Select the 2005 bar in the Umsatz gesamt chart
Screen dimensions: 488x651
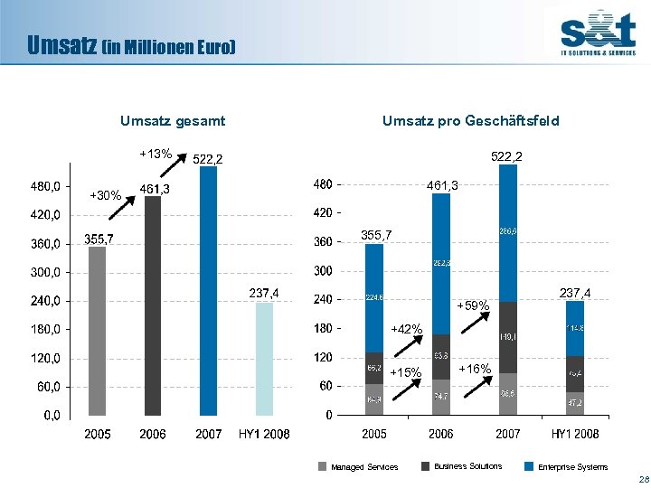[97, 331]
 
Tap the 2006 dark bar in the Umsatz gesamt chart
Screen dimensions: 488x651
[153, 305]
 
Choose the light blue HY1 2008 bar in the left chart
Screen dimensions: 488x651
[263, 358]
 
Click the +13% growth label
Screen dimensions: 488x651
[155, 154]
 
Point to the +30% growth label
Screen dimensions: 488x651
[105, 195]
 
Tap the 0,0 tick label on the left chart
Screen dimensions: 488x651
[51, 416]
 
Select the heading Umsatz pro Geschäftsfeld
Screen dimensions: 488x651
[470, 121]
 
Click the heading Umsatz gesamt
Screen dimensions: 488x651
[173, 121]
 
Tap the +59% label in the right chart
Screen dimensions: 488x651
[473, 306]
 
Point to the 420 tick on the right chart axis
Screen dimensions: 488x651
[322, 213]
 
